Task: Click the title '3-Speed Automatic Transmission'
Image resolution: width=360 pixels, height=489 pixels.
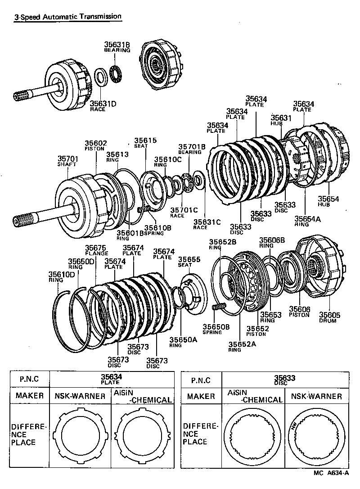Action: coord(67,17)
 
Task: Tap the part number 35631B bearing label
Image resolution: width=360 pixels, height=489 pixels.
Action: coord(117,47)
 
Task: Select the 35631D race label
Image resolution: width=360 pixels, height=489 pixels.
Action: coord(103,106)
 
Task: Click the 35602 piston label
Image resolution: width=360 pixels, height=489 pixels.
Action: coord(96,145)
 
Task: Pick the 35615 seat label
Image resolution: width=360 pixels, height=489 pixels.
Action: coord(145,143)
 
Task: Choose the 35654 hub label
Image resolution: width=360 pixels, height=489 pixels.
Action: coord(328,201)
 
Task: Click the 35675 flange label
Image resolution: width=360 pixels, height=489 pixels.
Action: coord(96,250)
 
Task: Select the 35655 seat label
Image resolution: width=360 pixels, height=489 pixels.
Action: coord(189,262)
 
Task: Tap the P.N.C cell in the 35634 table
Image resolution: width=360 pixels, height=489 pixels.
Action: coord(30,379)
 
